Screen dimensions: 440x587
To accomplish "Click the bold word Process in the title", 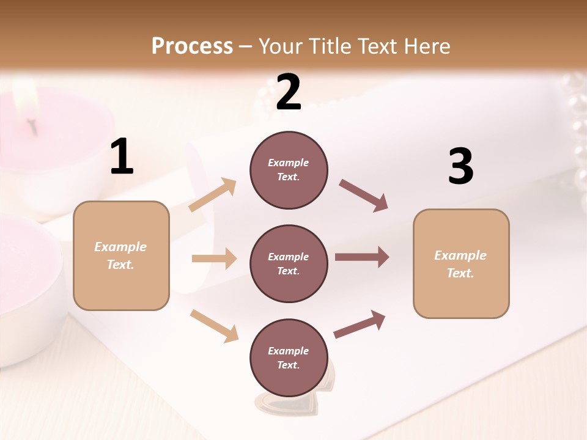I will (x=192, y=46).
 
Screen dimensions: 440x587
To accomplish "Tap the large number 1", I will (x=122, y=157).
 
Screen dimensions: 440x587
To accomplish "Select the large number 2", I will (x=289, y=92).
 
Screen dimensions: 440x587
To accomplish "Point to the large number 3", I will (x=460, y=166).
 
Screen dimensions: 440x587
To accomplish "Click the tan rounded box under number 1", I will (x=121, y=255).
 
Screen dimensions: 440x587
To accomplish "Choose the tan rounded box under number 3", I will (x=461, y=263).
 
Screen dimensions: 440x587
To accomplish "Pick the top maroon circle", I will (x=289, y=170).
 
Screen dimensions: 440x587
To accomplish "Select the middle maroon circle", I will (x=289, y=263).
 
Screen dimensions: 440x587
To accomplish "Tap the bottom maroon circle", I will (x=289, y=358).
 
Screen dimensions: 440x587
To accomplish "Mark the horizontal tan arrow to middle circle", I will (x=214, y=258).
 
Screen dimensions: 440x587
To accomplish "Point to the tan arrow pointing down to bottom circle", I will (x=214, y=325).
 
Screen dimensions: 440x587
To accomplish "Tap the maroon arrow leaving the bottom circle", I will (x=360, y=324).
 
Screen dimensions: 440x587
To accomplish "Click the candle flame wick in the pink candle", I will (x=34, y=125).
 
